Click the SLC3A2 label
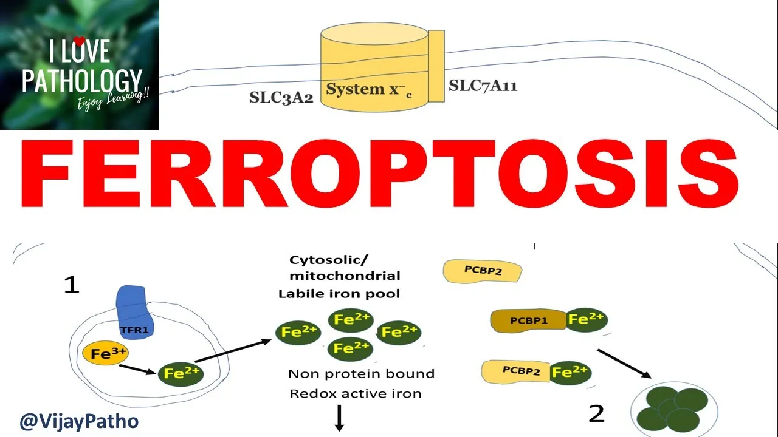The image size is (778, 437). pyautogui.click(x=281, y=98)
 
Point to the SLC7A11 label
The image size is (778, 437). pyautogui.click(x=483, y=86)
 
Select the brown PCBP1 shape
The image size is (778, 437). pyautogui.click(x=528, y=320)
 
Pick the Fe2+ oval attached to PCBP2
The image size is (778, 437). pyautogui.click(x=570, y=371)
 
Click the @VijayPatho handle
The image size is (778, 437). pyautogui.click(x=79, y=421)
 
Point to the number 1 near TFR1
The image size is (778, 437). pyautogui.click(x=72, y=284)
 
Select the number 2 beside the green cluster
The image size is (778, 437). pyautogui.click(x=596, y=413)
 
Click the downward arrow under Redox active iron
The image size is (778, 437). pyautogui.click(x=339, y=418)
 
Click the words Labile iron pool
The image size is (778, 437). pyautogui.click(x=339, y=294)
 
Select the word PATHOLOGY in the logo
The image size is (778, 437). pyautogui.click(x=81, y=81)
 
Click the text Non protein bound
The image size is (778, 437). pyautogui.click(x=361, y=374)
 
